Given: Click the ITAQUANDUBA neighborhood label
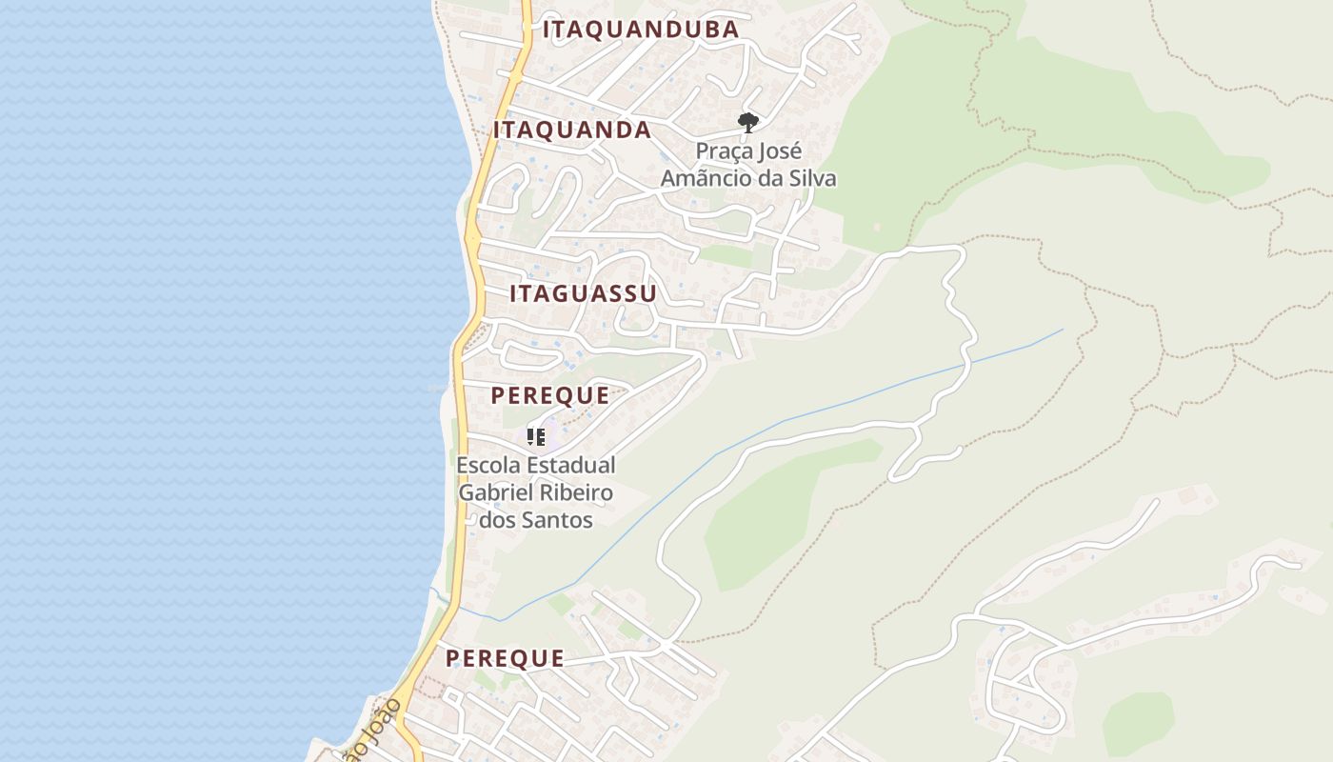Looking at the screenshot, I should [x=640, y=30].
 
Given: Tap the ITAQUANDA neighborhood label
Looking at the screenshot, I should [x=571, y=130].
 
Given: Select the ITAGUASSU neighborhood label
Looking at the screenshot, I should [x=583, y=293].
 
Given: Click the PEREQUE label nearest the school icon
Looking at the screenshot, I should [x=549, y=396].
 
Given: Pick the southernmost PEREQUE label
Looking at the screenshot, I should [x=505, y=659].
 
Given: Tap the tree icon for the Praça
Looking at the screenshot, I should [x=748, y=122].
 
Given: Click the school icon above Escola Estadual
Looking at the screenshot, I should [x=536, y=437].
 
